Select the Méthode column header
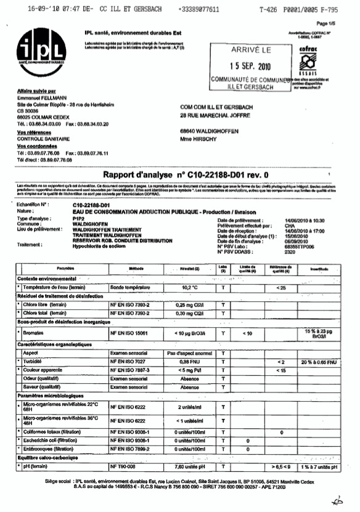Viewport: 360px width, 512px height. click(136, 269)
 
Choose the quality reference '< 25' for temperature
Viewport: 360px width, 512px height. click(281, 288)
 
